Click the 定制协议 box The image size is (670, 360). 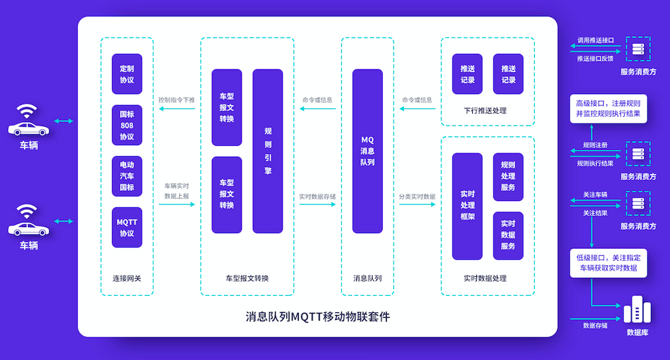point(127,74)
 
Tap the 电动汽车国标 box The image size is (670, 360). point(127,177)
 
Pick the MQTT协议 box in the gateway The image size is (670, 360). point(127,227)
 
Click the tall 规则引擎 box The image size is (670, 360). point(267,151)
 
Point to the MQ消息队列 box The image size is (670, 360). point(367,151)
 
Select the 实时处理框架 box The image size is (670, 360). point(467,206)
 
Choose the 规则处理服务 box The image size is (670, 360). point(508,177)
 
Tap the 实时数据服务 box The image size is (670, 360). point(508,235)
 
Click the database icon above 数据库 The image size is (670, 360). point(637,310)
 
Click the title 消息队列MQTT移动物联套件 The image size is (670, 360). point(318,317)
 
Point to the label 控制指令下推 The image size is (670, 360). point(177,100)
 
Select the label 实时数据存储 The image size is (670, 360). point(317,196)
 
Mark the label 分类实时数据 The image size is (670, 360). point(417,196)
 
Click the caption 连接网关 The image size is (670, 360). point(127,278)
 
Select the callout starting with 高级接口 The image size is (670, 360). point(608,108)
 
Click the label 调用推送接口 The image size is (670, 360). point(596,41)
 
